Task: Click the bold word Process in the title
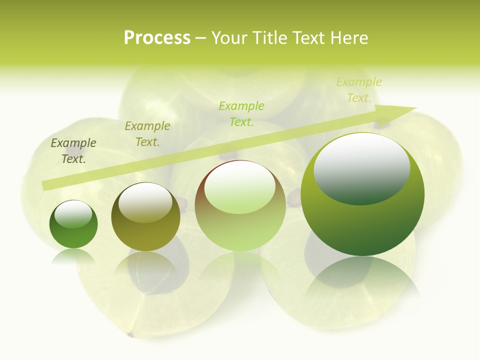coord(157,38)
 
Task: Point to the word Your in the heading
coord(229,38)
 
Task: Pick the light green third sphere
coord(240,205)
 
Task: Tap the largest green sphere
coord(362,194)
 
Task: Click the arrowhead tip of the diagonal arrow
coord(415,107)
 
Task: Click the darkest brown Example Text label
coord(73,151)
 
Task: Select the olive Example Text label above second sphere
coord(147,134)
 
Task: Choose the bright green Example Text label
coord(241,113)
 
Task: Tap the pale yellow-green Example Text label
coord(359,90)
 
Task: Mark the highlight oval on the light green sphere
coord(239,187)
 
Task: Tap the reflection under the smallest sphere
coord(73,256)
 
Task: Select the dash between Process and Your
coord(201,38)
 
